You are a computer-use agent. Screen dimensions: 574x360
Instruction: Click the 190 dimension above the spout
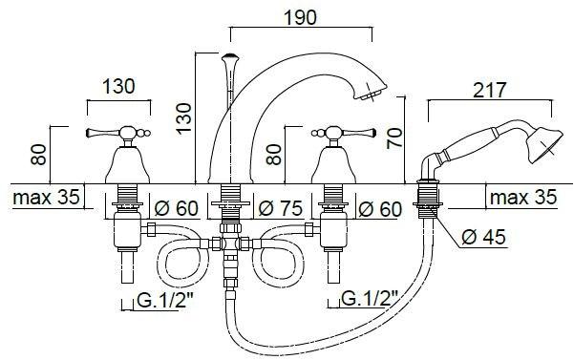(x=300, y=17)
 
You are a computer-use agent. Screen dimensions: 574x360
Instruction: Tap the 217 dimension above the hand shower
(x=489, y=90)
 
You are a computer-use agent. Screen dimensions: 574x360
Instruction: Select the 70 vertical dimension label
(x=394, y=138)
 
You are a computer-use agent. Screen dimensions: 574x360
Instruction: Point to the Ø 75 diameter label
(x=281, y=208)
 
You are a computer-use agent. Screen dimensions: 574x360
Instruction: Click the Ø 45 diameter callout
(x=483, y=237)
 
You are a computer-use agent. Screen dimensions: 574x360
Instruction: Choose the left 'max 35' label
(x=46, y=198)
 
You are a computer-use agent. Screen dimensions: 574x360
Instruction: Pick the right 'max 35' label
(x=523, y=198)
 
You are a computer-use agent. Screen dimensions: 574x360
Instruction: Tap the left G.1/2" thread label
(x=165, y=301)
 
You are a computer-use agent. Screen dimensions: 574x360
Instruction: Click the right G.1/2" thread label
(x=370, y=298)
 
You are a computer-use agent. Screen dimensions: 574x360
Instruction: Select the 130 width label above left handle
(x=118, y=87)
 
